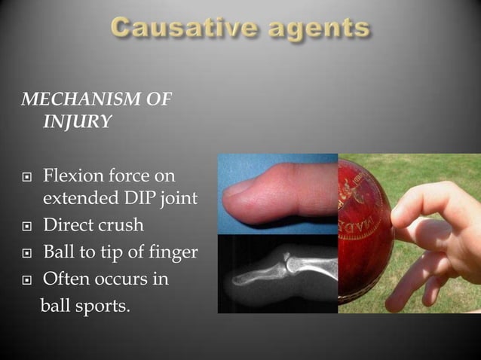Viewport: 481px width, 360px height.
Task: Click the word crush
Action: [x=121, y=226]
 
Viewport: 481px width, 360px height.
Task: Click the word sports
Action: [x=100, y=307]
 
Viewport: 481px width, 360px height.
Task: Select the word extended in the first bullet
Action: [x=76, y=199]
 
